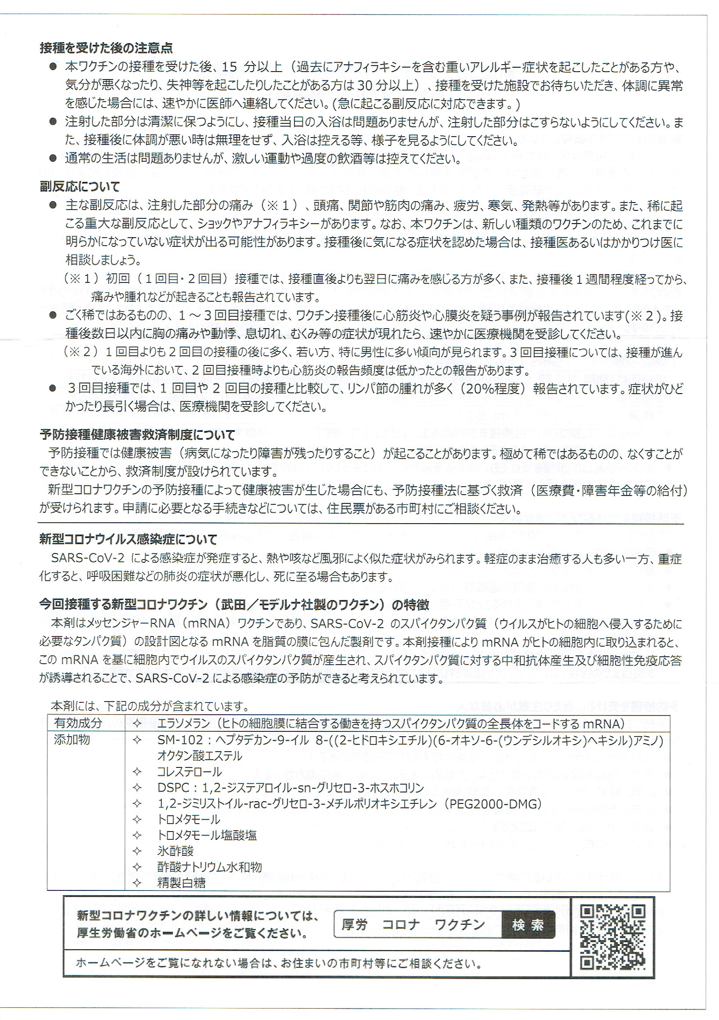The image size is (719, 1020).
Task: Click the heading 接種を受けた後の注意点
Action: tap(106, 48)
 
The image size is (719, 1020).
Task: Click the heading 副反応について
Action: tap(80, 187)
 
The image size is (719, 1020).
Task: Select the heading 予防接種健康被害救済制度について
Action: tap(137, 434)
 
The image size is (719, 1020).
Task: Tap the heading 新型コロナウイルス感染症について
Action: tap(128, 540)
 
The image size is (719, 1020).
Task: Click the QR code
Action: tap(612, 937)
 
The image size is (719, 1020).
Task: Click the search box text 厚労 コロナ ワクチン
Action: tap(413, 925)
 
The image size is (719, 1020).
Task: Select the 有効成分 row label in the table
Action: tap(78, 723)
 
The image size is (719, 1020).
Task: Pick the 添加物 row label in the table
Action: tap(72, 740)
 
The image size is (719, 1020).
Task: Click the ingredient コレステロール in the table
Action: tap(189, 772)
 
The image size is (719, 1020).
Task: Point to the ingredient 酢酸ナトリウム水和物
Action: tap(209, 867)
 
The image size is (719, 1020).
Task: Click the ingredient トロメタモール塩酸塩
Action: tap(207, 835)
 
